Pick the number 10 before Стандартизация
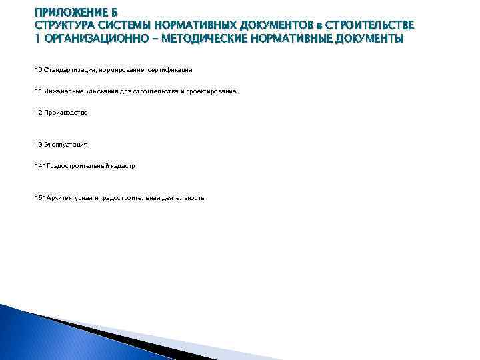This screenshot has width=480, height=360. [38, 69]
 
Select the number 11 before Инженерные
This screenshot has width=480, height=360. [38, 91]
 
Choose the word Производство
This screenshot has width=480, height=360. [66, 113]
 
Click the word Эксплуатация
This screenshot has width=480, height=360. [65, 144]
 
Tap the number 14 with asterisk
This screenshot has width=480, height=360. [39, 166]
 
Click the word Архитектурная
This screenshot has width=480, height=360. [70, 198]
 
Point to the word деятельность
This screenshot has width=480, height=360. [183, 198]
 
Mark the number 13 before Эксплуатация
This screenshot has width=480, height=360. [38, 144]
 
